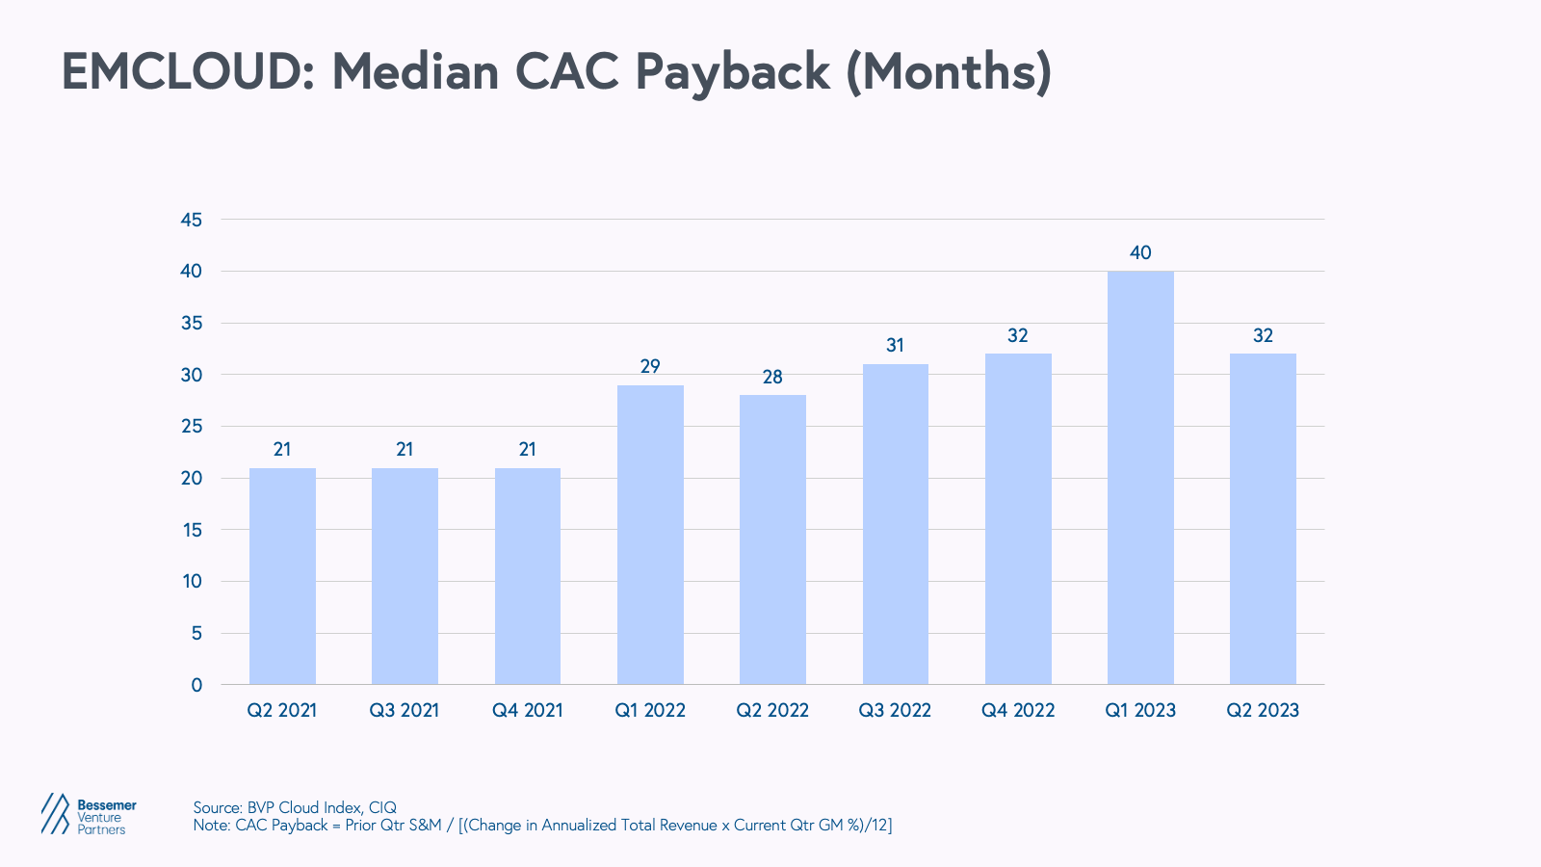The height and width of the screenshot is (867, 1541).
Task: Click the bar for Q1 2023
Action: click(1140, 477)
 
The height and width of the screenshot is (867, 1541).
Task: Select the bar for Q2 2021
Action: click(282, 576)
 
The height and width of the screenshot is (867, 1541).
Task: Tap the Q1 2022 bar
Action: click(650, 535)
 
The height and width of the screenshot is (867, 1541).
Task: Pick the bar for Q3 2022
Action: click(896, 524)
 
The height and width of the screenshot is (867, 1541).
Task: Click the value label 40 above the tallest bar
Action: click(1140, 253)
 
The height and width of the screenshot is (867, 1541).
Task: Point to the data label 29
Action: click(650, 367)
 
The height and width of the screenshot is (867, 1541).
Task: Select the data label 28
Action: click(772, 378)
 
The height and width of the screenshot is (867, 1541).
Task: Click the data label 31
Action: click(896, 346)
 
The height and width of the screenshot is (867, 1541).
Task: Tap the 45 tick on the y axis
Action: click(192, 220)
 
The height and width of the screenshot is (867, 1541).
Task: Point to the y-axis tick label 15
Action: click(192, 530)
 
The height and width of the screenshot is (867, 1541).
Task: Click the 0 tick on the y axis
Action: click(196, 685)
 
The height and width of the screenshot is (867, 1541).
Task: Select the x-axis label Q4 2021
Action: click(527, 711)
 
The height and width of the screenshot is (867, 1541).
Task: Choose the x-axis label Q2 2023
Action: click(1263, 711)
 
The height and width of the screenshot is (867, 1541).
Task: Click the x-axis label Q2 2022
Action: click(772, 711)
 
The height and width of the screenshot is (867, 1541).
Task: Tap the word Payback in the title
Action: click(732, 72)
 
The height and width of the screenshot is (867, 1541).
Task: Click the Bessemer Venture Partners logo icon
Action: click(56, 814)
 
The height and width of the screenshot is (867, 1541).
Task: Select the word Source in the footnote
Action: click(216, 807)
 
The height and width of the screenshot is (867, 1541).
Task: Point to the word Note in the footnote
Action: click(210, 826)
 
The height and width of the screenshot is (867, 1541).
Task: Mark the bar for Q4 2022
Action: click(1018, 519)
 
